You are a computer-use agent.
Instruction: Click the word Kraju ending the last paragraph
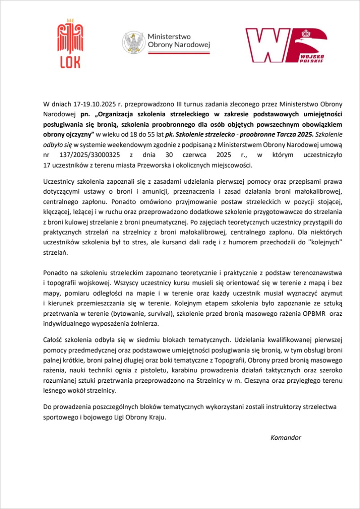coord(157,417)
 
